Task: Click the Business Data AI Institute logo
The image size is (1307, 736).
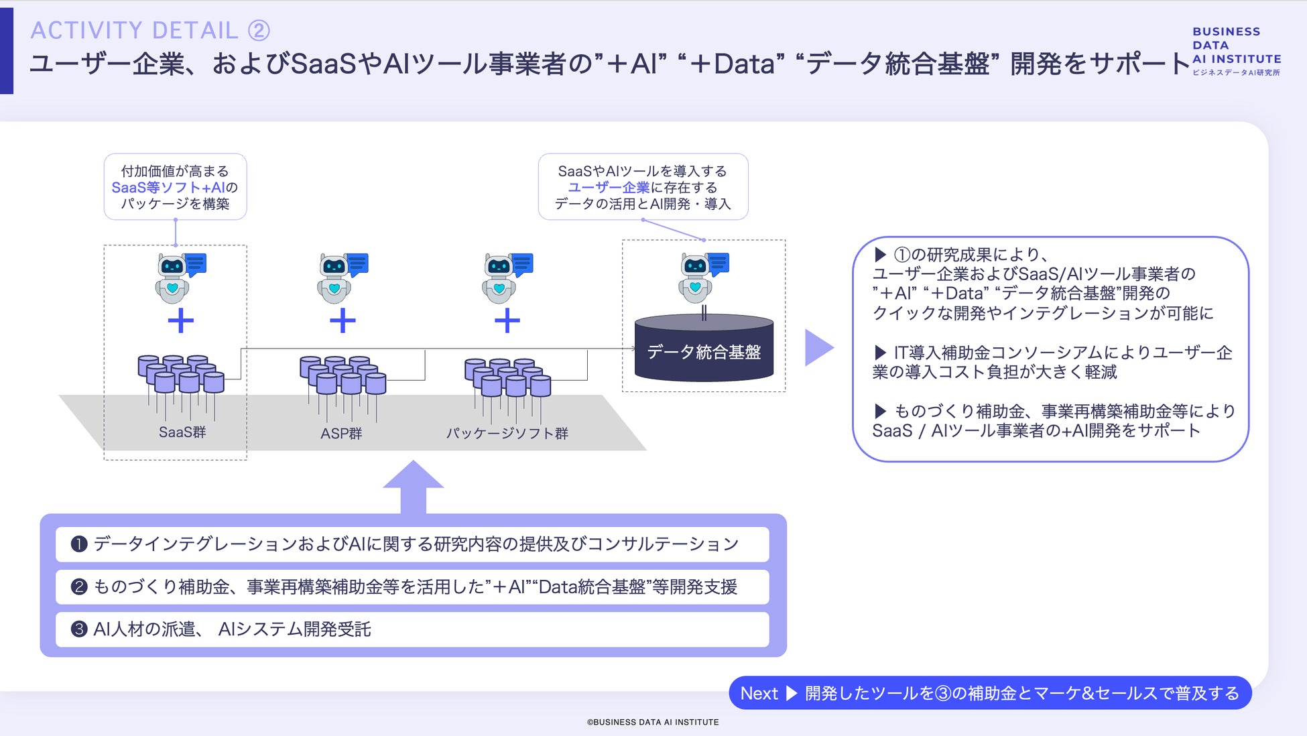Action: pos(1236,51)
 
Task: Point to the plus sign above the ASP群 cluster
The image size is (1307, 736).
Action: pos(343,320)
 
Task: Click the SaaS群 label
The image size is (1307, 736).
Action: pos(182,432)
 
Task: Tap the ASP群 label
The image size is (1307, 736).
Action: pos(341,434)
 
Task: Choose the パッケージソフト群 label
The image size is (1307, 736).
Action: pos(507,434)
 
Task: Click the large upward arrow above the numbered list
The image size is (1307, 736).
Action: pos(414,487)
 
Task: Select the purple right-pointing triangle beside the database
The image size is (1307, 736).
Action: pos(818,347)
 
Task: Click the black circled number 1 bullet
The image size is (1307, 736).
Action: pos(79,544)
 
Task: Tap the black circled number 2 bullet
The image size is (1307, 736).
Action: pos(79,587)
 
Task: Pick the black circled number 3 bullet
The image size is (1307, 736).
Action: pos(79,629)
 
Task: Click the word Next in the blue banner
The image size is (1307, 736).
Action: pos(759,693)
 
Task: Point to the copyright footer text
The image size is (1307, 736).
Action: pos(653,722)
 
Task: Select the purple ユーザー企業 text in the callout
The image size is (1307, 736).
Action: pos(609,188)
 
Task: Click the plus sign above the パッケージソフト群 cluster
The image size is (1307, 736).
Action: pos(507,320)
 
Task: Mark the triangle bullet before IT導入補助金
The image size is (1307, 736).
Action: pos(881,352)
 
